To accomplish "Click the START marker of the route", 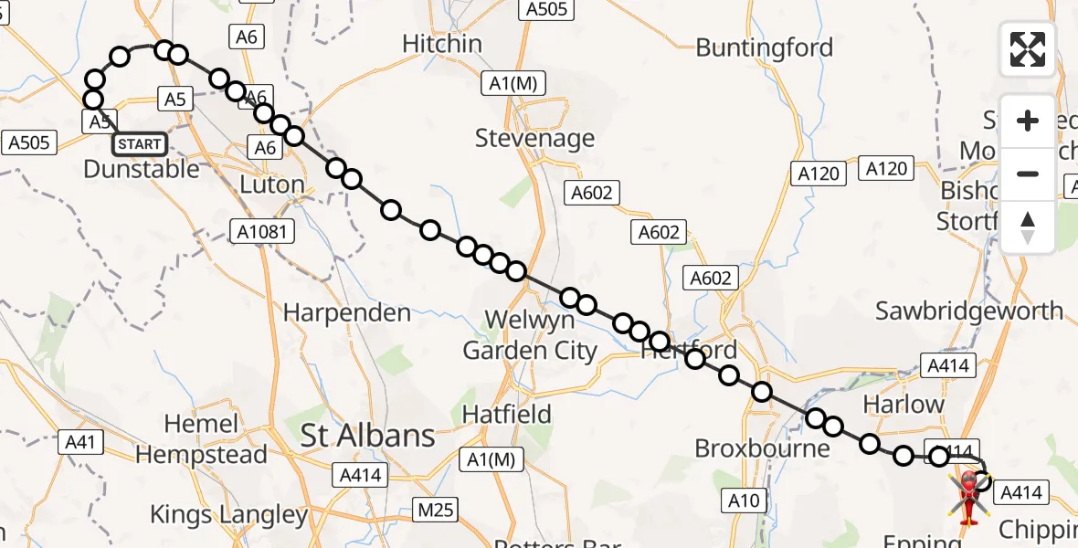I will (140, 144).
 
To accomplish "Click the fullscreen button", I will (1028, 48).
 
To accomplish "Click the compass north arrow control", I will (1028, 227).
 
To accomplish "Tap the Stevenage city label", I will (534, 139).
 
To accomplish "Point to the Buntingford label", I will (765, 47).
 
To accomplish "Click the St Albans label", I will (368, 437).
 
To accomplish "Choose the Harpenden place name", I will (347, 313).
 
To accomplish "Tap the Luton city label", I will (271, 184).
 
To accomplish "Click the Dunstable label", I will (141, 169).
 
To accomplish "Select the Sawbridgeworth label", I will (969, 311).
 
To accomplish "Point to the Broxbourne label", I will (762, 448).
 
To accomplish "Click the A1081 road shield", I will (261, 232).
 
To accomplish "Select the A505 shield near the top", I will (546, 10).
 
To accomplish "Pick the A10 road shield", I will (744, 500).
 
